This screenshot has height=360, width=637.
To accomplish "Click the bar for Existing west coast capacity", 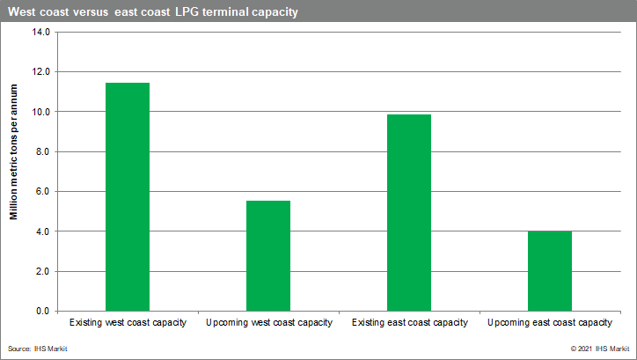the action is (128, 197).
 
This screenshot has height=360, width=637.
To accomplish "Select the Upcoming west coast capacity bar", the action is (268, 256).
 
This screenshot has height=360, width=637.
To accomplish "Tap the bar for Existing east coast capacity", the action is (409, 213).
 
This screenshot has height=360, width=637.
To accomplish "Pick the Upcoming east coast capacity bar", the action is (550, 271).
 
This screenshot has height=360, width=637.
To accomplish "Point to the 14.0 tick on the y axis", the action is (41, 32).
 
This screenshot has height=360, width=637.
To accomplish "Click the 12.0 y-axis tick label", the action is (41, 72).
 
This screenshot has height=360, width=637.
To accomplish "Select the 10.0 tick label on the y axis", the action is (41, 112).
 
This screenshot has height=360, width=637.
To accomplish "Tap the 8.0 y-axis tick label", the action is (42, 151).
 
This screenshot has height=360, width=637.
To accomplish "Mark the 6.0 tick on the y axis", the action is (42, 191).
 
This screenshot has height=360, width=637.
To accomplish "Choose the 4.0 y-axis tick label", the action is (42, 231).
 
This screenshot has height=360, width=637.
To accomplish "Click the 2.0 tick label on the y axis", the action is (42, 271).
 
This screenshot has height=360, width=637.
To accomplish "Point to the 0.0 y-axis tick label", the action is (42, 312).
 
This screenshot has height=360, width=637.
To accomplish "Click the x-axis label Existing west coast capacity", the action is (128, 323).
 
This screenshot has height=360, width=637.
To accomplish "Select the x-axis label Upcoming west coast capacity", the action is (269, 323).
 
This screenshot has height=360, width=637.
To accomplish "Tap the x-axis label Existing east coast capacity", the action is (409, 323).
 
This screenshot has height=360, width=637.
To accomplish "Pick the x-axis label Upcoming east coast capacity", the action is (550, 323).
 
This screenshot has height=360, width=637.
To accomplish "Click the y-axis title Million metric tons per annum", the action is (14, 152).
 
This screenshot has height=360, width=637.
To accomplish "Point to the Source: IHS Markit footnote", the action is (37, 349).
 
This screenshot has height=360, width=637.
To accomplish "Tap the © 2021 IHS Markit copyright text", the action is (600, 349).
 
